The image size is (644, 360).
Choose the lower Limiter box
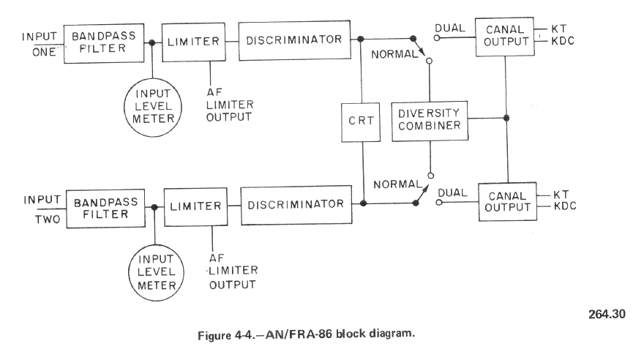(195, 206)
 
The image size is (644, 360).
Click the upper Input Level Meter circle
(152, 109)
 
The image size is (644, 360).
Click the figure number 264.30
(607, 315)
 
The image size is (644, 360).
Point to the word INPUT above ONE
(41, 36)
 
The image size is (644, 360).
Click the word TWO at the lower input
(41, 217)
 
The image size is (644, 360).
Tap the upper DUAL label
(448, 29)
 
